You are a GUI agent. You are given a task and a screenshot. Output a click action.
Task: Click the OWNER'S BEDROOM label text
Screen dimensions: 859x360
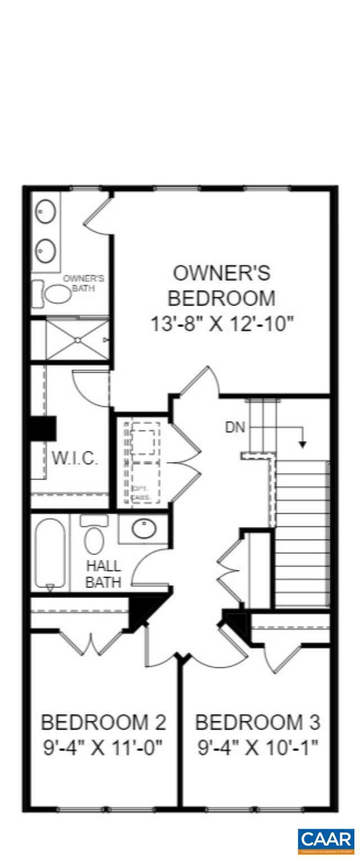click(222, 285)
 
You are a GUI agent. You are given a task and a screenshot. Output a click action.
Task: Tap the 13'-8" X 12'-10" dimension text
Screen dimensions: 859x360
click(222, 324)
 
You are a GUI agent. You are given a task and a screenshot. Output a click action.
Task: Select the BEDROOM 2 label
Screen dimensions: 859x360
click(103, 722)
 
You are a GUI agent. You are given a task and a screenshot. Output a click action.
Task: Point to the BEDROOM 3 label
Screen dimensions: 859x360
click(258, 722)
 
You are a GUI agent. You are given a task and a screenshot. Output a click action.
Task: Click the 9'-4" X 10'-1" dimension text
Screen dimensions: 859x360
click(258, 748)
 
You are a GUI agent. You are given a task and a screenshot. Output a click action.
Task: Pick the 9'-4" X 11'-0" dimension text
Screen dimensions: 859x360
click(103, 748)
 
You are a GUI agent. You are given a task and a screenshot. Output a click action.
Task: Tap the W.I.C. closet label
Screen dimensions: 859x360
click(75, 458)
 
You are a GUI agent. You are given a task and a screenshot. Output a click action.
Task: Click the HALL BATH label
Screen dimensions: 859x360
click(103, 574)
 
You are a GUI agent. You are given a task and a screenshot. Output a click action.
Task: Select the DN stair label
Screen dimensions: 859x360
click(235, 428)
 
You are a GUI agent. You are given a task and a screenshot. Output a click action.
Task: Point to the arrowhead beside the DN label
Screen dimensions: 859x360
click(303, 444)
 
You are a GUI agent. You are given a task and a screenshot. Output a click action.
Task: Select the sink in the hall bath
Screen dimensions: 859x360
click(144, 529)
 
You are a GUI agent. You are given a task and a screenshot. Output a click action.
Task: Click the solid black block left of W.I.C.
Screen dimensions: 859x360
click(42, 428)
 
